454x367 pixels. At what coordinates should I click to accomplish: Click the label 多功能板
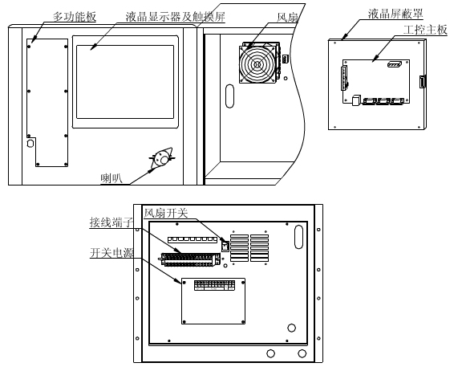pos(74,17)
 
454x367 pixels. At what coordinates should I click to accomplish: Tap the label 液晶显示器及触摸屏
pos(175,17)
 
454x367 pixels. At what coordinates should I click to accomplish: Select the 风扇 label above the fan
pos(287,18)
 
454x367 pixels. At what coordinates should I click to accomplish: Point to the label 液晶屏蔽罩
pos(395,14)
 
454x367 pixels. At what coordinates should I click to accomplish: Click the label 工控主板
pos(425,30)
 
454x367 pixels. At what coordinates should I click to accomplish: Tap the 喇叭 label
pos(111,178)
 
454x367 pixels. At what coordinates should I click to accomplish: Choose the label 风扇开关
pos(166,213)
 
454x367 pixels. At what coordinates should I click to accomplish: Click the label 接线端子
pos(111,222)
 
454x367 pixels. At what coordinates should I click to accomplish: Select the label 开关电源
pos(111,252)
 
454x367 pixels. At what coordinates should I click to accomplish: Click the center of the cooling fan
pos(256,63)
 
